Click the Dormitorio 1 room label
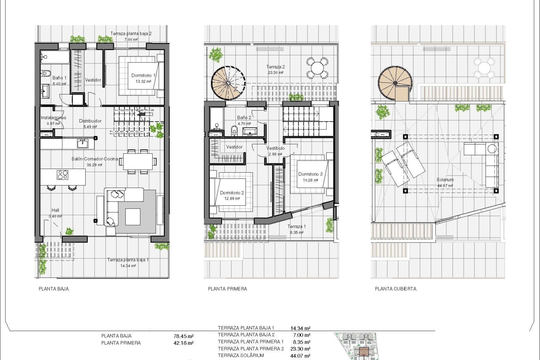tap(143, 75)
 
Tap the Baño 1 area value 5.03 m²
tap(59, 84)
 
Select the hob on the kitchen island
tap(63, 175)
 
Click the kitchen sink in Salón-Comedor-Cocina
tap(83, 144)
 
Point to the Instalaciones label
tap(53, 118)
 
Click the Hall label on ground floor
tap(55, 210)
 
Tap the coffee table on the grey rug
tap(133, 217)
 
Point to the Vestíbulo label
tap(275, 148)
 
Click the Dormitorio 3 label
tap(310, 174)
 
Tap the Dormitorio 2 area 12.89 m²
tap(232, 199)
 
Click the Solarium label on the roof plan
tap(445, 180)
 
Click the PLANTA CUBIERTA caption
tap(395, 289)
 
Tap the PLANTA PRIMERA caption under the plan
tap(228, 289)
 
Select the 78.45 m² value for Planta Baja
tap(184, 336)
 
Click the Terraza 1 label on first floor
tap(296, 226)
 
